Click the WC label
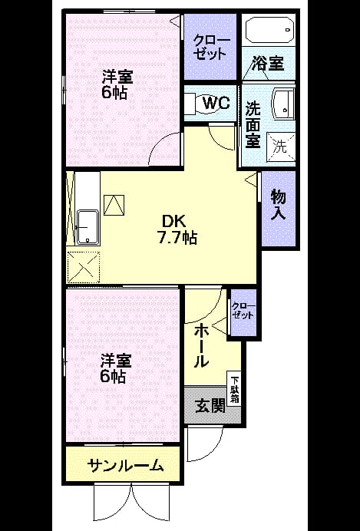click(x=216, y=102)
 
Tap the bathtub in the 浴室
click(x=269, y=29)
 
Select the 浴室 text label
click(x=267, y=64)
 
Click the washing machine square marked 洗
click(x=281, y=147)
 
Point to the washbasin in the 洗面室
click(x=283, y=104)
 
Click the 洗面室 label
click(x=253, y=124)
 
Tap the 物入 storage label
click(x=278, y=205)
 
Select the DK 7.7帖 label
click(x=176, y=229)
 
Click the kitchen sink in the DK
click(x=88, y=227)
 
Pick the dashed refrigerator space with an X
click(x=84, y=268)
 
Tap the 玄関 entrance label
click(x=210, y=406)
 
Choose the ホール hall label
click(x=201, y=345)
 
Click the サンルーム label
click(x=125, y=467)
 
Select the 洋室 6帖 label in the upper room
click(x=117, y=84)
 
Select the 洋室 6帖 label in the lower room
click(x=116, y=368)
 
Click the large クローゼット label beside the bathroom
click(x=210, y=48)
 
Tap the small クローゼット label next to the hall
click(x=243, y=311)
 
